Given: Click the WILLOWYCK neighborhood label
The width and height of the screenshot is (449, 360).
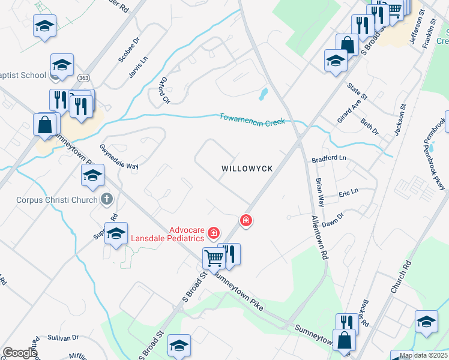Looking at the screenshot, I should point(247,169).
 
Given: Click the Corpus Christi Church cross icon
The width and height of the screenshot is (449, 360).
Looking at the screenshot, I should point(107,199).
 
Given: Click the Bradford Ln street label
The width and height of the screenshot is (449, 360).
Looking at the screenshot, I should point(330,160).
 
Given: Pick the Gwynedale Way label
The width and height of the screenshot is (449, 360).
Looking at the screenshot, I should point(119,157).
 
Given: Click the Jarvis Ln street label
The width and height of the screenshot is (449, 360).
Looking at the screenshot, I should point(137,70).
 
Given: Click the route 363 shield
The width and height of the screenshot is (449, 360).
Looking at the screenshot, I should point(84,77).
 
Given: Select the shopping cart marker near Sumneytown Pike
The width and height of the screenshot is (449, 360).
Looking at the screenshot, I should point(214,258).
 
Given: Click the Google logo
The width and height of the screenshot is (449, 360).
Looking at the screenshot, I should point(19,353).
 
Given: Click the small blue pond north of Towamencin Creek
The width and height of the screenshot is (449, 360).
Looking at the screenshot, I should point(263,94).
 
